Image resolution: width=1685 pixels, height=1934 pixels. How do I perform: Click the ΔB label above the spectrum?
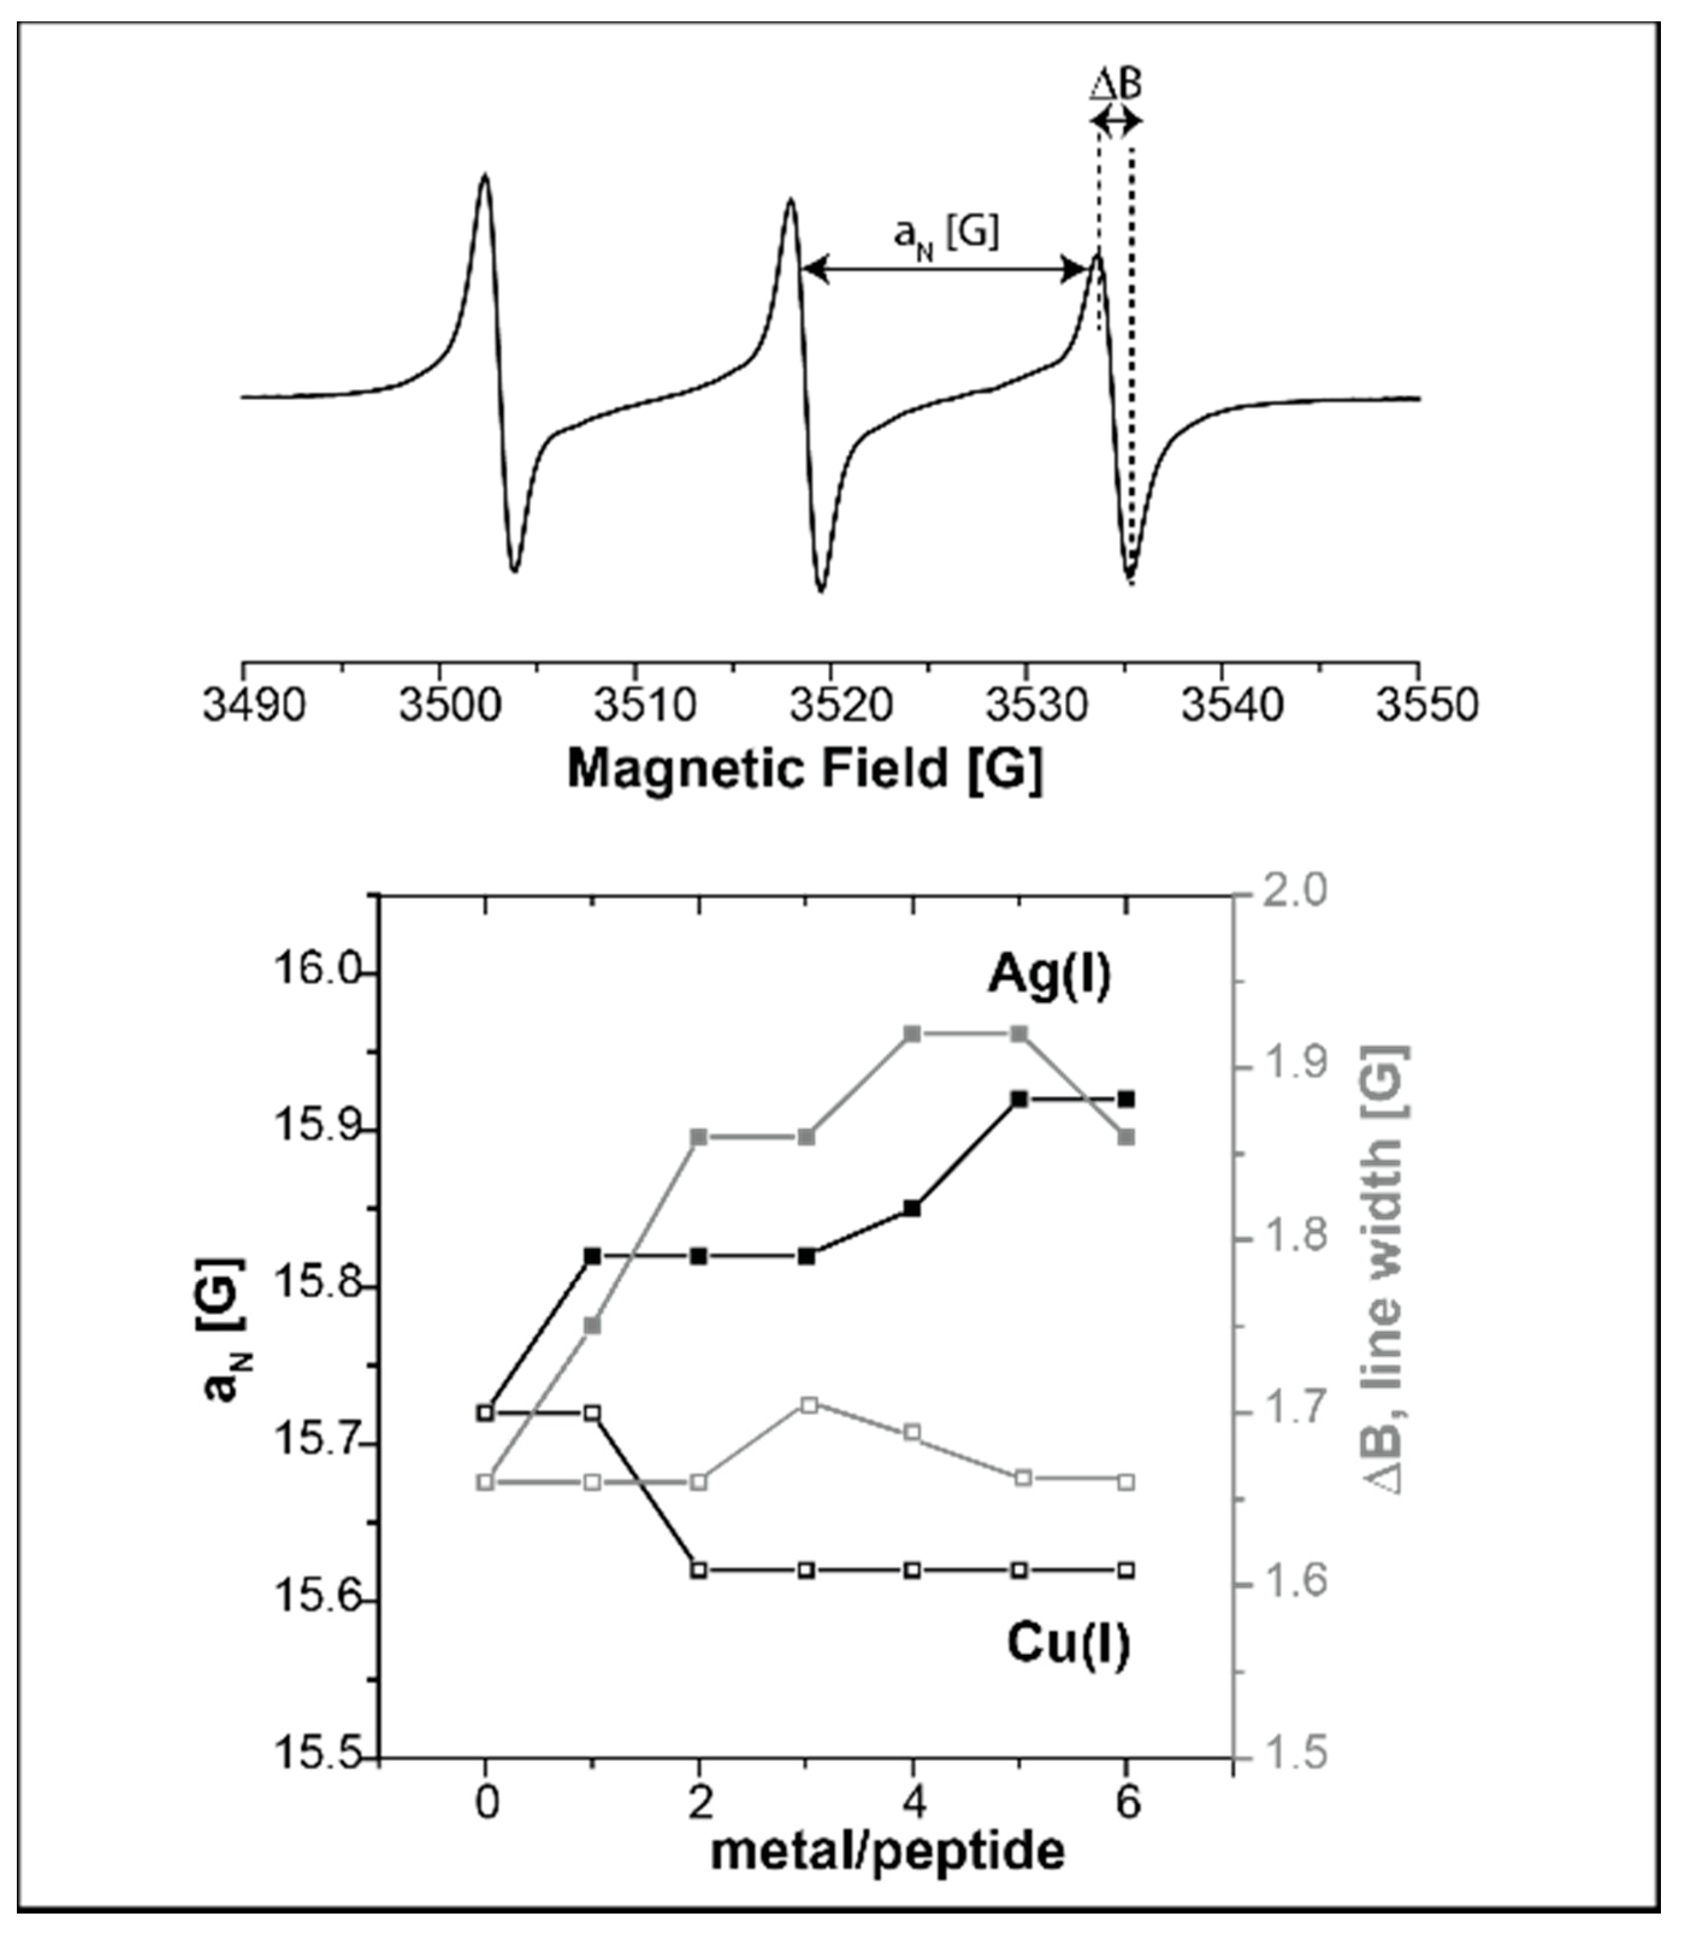point(1115,87)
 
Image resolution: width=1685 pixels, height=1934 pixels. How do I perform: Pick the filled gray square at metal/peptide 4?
point(911,1034)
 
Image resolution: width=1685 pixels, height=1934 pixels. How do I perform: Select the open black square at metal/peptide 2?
point(698,1570)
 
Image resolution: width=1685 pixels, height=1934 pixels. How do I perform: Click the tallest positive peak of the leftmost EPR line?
point(485,175)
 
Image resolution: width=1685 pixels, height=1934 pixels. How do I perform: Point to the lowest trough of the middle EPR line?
point(821,591)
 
